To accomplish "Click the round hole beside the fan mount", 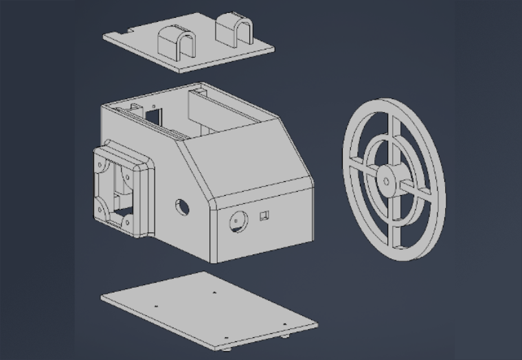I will point(183,206).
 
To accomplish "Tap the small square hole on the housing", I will point(263,216).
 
